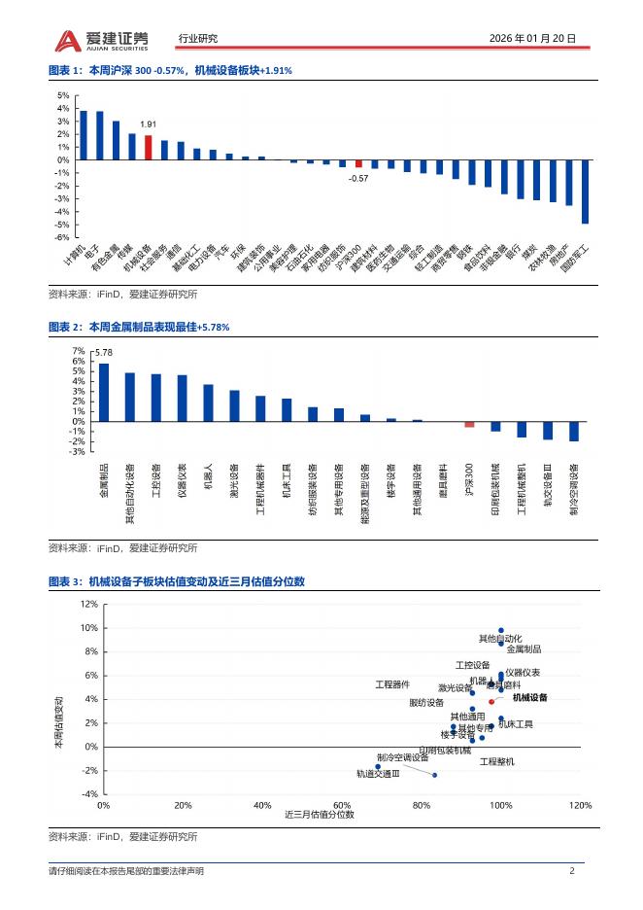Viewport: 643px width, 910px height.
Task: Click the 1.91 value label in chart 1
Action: click(149, 125)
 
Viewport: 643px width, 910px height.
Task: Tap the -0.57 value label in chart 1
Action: click(358, 178)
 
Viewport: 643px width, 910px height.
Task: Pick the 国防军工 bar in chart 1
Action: click(585, 192)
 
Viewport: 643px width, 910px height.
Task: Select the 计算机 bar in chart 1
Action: click(84, 135)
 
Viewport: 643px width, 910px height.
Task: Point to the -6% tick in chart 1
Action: click(62, 237)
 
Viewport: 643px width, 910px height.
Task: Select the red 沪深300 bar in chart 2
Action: click(469, 424)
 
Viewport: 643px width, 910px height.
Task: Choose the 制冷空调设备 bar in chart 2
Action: click(574, 431)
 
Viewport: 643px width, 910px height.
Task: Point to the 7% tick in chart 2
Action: click(79, 350)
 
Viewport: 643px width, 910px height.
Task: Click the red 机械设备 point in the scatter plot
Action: click(491, 701)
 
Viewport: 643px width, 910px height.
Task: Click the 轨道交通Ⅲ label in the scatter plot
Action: click(378, 774)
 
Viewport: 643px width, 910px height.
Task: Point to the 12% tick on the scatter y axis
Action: click(89, 604)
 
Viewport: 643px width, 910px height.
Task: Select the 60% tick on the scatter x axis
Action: click(342, 805)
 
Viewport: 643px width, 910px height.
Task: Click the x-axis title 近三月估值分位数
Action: click(320, 815)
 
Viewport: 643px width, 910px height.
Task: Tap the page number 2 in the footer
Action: click(572, 871)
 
